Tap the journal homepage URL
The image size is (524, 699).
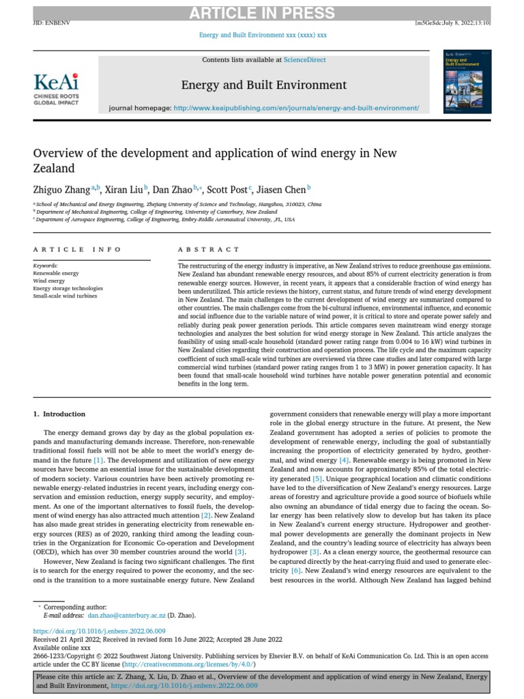[x=296, y=108]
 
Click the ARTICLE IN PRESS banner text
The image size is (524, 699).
[x=262, y=13]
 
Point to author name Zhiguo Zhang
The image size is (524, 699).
[x=62, y=189]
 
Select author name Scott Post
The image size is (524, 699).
[x=229, y=189]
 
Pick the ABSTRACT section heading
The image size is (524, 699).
[x=209, y=250]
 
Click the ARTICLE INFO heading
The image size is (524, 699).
[x=77, y=250]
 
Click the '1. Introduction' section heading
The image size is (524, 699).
[x=59, y=414]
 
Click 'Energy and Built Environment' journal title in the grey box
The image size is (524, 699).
[x=263, y=85]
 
